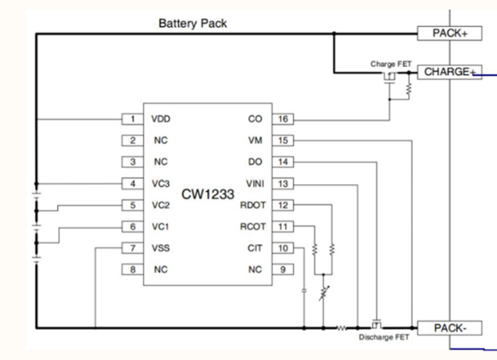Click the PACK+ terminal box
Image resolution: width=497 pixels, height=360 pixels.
point(450,33)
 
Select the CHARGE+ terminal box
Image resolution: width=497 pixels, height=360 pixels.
point(450,72)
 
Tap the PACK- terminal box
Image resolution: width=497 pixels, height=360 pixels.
point(450,328)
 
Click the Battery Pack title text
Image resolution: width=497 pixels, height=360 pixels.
point(193,23)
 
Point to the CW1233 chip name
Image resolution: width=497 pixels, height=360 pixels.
point(208,194)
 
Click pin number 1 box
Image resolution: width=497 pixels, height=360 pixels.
point(132,119)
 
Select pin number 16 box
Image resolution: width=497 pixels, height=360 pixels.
point(282,119)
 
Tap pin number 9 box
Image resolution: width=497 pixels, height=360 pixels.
point(282,270)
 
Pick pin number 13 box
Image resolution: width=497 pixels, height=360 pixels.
point(282,184)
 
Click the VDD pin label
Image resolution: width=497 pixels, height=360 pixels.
point(161,119)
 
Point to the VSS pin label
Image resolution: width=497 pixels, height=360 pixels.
point(161,248)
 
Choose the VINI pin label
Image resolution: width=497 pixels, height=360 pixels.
point(255,184)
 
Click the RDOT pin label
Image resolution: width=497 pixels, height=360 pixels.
point(253,205)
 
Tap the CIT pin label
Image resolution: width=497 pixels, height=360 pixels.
point(255,248)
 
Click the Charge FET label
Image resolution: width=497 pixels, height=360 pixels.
point(391,64)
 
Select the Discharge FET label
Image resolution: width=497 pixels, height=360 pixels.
point(383,338)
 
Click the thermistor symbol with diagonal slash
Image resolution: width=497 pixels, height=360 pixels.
point(324,294)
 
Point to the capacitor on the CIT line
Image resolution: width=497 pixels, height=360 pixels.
point(304,290)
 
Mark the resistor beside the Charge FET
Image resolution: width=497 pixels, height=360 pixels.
point(409,89)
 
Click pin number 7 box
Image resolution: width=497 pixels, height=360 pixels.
point(132,248)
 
